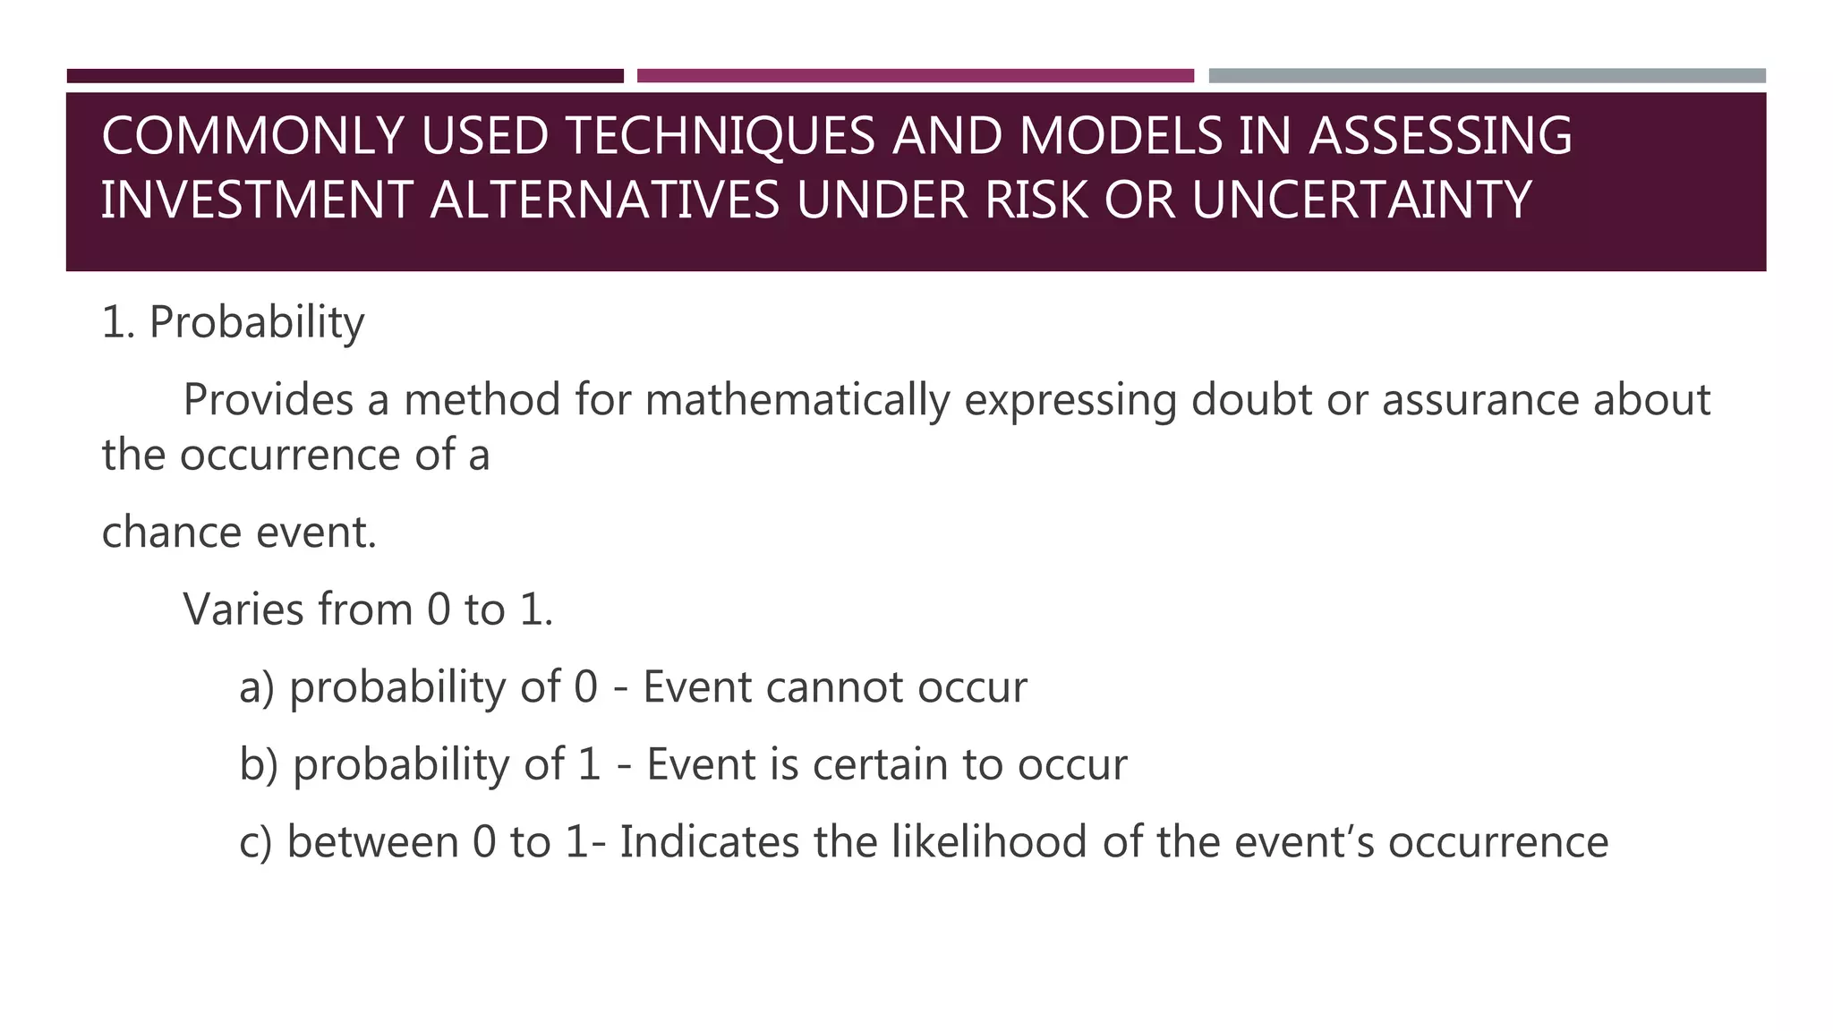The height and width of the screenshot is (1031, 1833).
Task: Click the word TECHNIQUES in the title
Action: (x=720, y=136)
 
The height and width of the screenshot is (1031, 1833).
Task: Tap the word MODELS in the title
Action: (x=1121, y=136)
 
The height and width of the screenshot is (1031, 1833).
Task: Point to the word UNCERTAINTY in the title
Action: (x=1361, y=200)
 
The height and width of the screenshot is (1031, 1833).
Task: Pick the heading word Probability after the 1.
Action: (x=257, y=322)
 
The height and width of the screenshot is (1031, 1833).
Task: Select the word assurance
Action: (x=1480, y=400)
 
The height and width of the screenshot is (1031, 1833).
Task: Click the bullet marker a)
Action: (x=257, y=687)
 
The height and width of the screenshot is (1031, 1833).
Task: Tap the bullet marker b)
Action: (x=259, y=765)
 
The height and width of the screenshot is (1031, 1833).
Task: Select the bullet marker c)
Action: (x=256, y=843)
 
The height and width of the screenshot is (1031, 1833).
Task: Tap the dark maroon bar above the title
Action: (x=345, y=76)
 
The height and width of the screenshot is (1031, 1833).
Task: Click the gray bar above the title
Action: (x=1487, y=76)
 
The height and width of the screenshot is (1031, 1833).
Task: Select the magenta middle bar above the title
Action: (x=915, y=76)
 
